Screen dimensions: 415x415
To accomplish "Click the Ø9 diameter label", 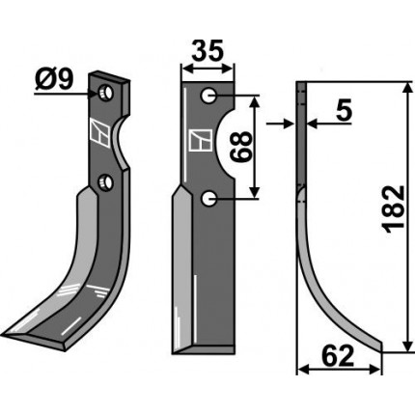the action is pyautogui.click(x=54, y=80).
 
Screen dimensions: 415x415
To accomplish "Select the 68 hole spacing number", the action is pyautogui.click(x=240, y=147).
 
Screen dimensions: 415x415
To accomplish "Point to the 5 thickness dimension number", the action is pyautogui.click(x=344, y=109).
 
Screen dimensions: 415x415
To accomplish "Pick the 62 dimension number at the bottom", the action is pyautogui.click(x=338, y=356).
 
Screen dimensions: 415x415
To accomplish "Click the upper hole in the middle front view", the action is pyautogui.click(x=208, y=96).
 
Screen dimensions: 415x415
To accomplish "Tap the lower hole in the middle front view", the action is pyautogui.click(x=208, y=199).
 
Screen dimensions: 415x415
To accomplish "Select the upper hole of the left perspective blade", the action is pyautogui.click(x=106, y=93).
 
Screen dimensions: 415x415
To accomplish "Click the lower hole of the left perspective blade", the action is pyautogui.click(x=106, y=181).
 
